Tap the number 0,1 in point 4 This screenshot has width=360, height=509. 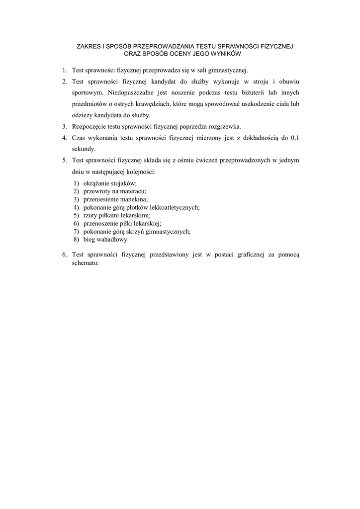tap(294, 138)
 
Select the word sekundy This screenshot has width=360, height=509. tap(84, 149)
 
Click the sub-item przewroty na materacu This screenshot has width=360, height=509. tap(114, 191)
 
